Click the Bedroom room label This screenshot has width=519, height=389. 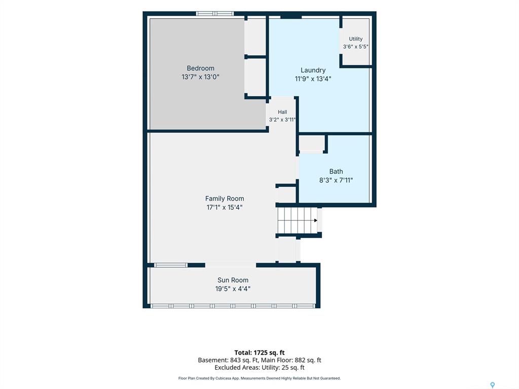[x=200, y=68]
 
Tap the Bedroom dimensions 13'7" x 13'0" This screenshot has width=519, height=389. [x=200, y=77]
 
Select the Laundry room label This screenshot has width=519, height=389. [x=313, y=70]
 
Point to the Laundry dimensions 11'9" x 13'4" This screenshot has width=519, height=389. [x=313, y=79]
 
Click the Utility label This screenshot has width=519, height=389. [x=355, y=38]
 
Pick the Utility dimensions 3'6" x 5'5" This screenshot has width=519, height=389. [x=355, y=47]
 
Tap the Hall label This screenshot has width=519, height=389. [x=282, y=112]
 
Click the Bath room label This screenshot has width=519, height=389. [x=336, y=171]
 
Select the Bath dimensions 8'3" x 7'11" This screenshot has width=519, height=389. [x=336, y=180]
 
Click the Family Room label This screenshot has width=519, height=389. [x=225, y=199]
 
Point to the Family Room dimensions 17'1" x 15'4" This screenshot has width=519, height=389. [x=225, y=207]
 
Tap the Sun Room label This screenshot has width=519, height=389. [x=233, y=280]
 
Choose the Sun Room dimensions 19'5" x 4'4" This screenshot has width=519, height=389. [x=233, y=289]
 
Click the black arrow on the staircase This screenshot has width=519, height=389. [x=316, y=220]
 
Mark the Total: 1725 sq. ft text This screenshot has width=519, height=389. [x=259, y=353]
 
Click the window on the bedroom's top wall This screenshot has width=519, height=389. [x=215, y=14]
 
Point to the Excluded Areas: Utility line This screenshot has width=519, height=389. [x=259, y=368]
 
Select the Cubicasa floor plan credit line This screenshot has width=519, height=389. [x=259, y=378]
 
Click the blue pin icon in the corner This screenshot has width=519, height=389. [x=493, y=385]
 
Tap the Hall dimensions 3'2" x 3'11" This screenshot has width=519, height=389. [x=282, y=120]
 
